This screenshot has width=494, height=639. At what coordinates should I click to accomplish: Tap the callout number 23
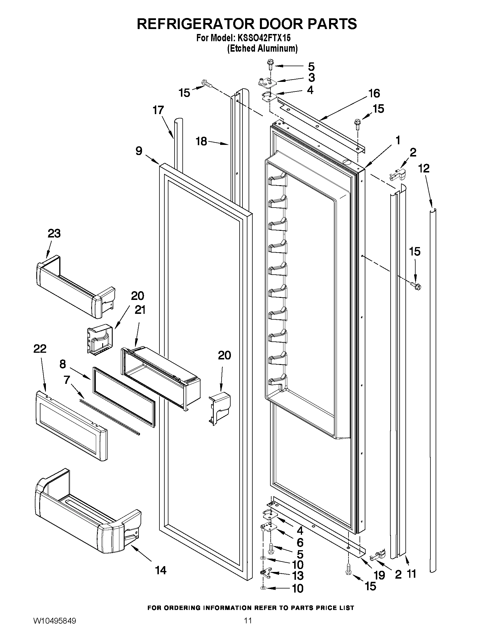[x=54, y=233]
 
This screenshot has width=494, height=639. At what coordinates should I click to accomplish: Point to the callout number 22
[x=40, y=348]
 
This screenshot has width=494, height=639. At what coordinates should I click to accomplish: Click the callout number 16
[x=374, y=93]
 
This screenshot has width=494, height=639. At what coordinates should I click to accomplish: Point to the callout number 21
[x=140, y=310]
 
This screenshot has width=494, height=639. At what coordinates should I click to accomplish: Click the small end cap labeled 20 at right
[x=220, y=408]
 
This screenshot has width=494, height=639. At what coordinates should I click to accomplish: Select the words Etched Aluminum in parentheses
[x=263, y=48]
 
